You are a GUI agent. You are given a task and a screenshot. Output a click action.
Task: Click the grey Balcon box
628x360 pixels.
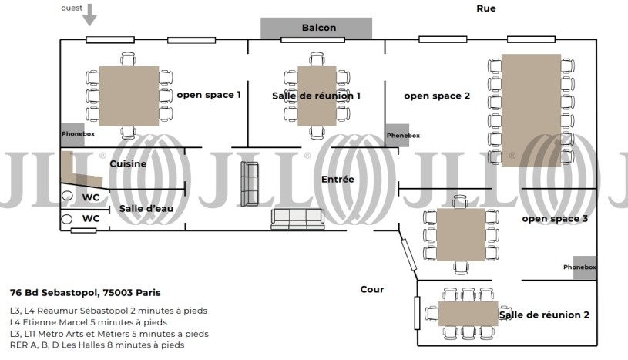pos(317,28)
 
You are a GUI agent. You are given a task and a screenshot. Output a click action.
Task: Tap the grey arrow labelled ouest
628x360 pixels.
pos(89,15)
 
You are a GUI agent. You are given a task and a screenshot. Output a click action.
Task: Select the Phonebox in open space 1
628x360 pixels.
pos(72,135)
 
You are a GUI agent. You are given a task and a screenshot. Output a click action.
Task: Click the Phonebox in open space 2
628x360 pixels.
pos(398,135)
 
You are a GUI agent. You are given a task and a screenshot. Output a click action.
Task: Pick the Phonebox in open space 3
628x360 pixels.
pos(585,267)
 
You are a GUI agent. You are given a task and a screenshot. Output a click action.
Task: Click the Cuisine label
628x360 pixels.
pos(128,163)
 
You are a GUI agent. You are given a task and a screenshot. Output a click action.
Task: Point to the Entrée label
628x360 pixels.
pos(338,179)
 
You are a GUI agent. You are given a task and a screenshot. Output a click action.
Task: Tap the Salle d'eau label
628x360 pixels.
pos(146,208)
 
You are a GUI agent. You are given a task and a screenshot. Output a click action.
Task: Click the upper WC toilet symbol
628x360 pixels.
pos(67,196)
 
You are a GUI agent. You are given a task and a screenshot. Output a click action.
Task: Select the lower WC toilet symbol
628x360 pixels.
pos(66,219)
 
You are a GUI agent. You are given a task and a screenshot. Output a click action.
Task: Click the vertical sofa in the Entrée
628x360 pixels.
pos(250,183)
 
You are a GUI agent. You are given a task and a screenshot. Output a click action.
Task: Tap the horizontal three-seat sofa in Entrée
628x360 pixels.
pos(298,219)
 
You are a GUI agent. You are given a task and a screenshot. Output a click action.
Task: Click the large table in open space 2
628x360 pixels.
pos(531,110)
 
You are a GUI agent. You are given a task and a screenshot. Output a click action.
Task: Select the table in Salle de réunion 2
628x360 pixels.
pos(468,314)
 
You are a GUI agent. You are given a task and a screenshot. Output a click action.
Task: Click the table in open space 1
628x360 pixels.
pos(129,96)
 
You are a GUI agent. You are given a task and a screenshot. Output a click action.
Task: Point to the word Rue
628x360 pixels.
pos(485,8)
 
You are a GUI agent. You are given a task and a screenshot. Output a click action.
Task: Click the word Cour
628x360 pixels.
pos(372,289)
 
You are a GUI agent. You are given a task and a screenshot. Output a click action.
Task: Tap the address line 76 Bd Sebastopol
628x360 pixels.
pos(86,293)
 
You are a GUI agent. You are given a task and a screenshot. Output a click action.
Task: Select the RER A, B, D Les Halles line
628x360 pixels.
pos(97,345)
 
